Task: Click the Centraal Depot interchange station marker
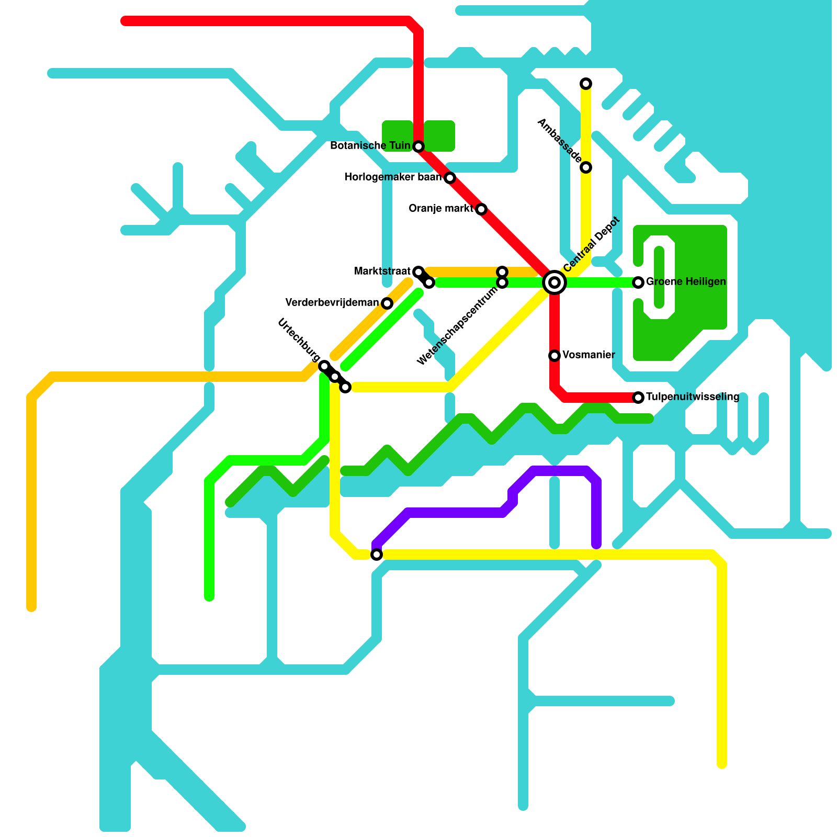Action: (x=555, y=282)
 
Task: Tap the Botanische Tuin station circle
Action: (x=418, y=146)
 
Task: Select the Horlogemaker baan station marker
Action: (x=450, y=178)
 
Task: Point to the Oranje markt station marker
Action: (x=481, y=209)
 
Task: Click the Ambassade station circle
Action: (x=586, y=167)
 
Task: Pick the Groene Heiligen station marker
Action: (x=638, y=282)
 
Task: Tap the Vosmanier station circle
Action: (x=555, y=356)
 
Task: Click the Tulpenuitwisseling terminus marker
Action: (x=638, y=398)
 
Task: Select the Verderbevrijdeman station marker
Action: (x=387, y=303)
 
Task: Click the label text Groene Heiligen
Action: (x=686, y=282)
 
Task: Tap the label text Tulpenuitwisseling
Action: (x=692, y=397)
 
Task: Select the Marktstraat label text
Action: (x=382, y=271)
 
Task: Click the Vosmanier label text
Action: (x=589, y=355)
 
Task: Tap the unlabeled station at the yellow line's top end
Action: (x=586, y=84)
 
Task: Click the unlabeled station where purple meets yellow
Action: (x=377, y=555)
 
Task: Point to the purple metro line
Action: (x=455, y=513)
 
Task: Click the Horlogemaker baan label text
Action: (x=393, y=177)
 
